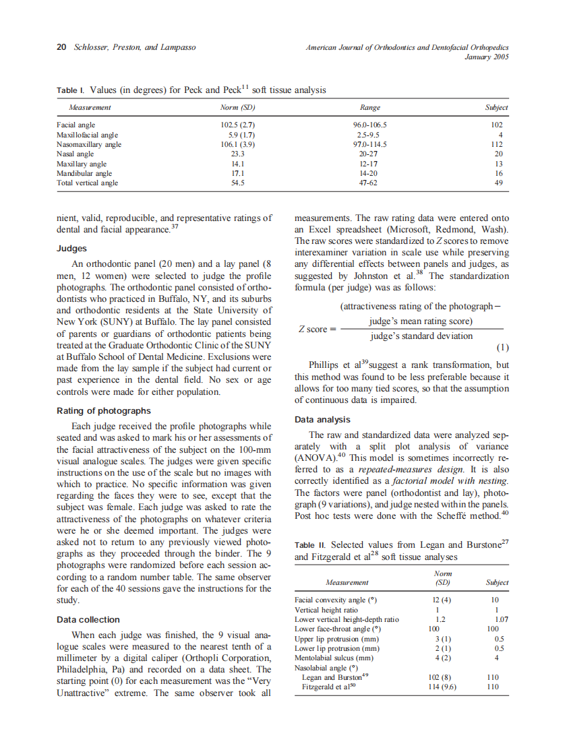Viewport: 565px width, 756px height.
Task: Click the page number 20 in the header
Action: pos(61,47)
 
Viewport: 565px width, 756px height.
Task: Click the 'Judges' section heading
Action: pos(71,248)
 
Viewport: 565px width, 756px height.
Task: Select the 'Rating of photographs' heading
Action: pos(103,410)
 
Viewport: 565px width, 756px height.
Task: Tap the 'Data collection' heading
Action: pos(88,619)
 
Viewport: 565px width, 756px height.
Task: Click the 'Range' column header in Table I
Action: pos(370,108)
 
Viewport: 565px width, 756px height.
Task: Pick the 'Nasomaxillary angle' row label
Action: pos(89,144)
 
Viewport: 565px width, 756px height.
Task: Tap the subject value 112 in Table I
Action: pos(498,144)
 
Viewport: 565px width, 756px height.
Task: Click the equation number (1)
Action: pos(502,348)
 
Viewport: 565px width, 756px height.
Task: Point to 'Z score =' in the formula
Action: pos(317,329)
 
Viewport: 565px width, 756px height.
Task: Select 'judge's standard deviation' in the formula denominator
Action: pos(421,336)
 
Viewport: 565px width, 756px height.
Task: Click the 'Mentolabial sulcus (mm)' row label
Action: pos(334,658)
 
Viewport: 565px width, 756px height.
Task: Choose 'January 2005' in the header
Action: pos(486,57)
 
